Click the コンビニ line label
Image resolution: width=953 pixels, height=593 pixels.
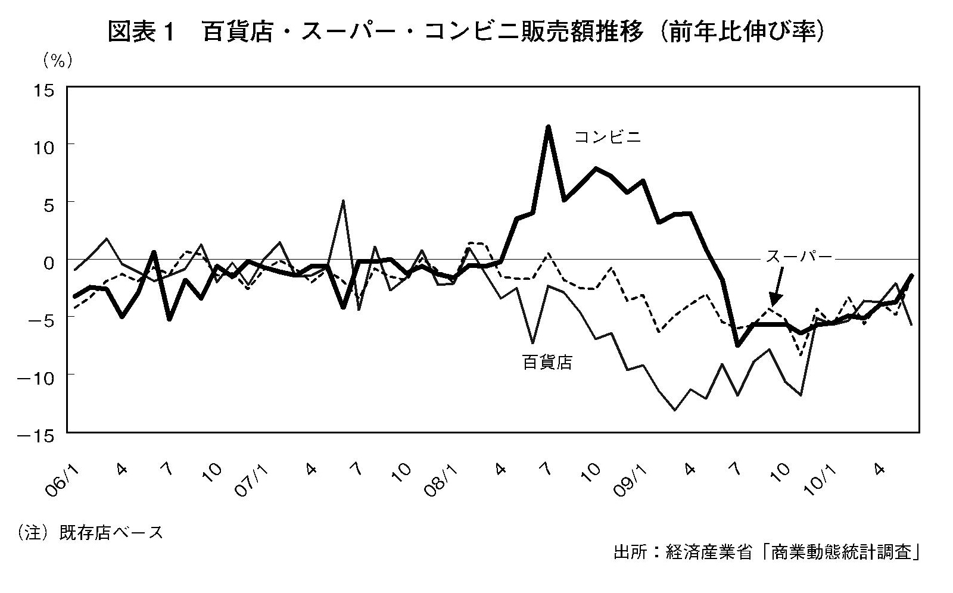[608, 137]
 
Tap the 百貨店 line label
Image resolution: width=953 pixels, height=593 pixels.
[547, 362]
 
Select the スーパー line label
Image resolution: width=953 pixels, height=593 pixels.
[799, 257]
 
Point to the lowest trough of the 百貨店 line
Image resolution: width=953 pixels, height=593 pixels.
[674, 410]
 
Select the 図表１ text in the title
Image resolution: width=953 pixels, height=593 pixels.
[140, 32]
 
